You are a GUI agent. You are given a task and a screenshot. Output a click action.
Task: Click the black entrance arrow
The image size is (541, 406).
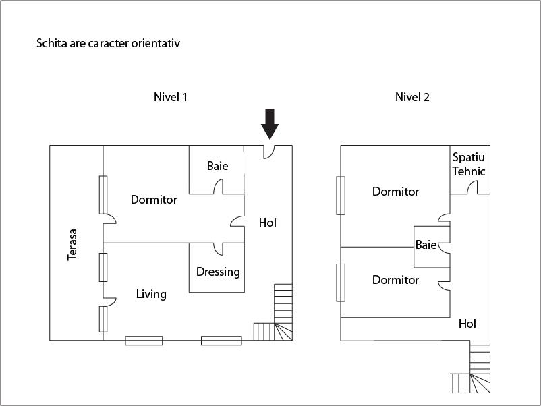click(x=270, y=122)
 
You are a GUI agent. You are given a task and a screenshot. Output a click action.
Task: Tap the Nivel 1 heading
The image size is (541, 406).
click(x=170, y=97)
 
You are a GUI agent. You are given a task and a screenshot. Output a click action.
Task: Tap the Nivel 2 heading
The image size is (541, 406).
click(x=412, y=97)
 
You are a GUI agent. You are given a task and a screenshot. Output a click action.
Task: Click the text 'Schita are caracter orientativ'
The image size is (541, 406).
click(x=108, y=44)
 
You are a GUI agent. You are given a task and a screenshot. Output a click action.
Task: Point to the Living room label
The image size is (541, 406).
click(x=151, y=294)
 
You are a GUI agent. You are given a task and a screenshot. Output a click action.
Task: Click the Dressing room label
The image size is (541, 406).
click(x=218, y=272)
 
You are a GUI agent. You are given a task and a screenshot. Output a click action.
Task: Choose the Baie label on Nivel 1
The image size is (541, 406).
click(x=217, y=165)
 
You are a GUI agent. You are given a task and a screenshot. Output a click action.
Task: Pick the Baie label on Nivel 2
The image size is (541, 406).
click(x=426, y=245)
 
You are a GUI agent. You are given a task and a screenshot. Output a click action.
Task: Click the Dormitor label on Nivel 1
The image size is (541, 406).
click(x=154, y=200)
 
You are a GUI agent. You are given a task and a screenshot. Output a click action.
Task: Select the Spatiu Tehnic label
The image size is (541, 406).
click(x=469, y=164)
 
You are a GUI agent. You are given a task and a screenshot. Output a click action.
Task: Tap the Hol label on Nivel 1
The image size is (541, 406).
click(x=268, y=222)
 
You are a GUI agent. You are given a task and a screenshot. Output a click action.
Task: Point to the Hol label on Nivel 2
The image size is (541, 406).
click(x=467, y=324)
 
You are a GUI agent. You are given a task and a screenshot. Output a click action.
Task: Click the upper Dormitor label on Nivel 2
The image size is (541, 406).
click(x=395, y=192)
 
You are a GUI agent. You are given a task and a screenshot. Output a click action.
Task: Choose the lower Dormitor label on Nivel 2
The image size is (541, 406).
click(x=395, y=280)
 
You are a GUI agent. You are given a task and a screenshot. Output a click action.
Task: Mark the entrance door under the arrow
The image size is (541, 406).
click(x=269, y=151)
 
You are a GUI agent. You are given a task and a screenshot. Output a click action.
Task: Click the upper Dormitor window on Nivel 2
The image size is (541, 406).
click(x=341, y=195)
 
